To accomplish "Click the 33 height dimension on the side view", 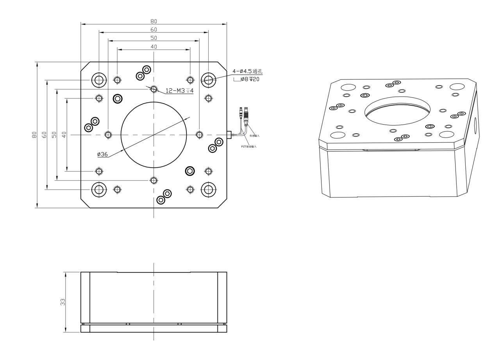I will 63,302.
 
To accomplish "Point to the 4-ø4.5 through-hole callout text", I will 248,71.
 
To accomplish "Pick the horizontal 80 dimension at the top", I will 154,21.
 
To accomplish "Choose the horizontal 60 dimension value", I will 154,30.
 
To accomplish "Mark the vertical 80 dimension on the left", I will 34,135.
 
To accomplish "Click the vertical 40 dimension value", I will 64,135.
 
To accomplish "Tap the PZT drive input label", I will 249,146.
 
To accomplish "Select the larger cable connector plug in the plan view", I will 246,115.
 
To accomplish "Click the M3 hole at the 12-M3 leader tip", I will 154,89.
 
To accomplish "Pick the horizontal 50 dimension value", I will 154,38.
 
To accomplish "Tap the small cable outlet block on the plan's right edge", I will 229,135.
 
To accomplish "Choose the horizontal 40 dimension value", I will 154,47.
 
